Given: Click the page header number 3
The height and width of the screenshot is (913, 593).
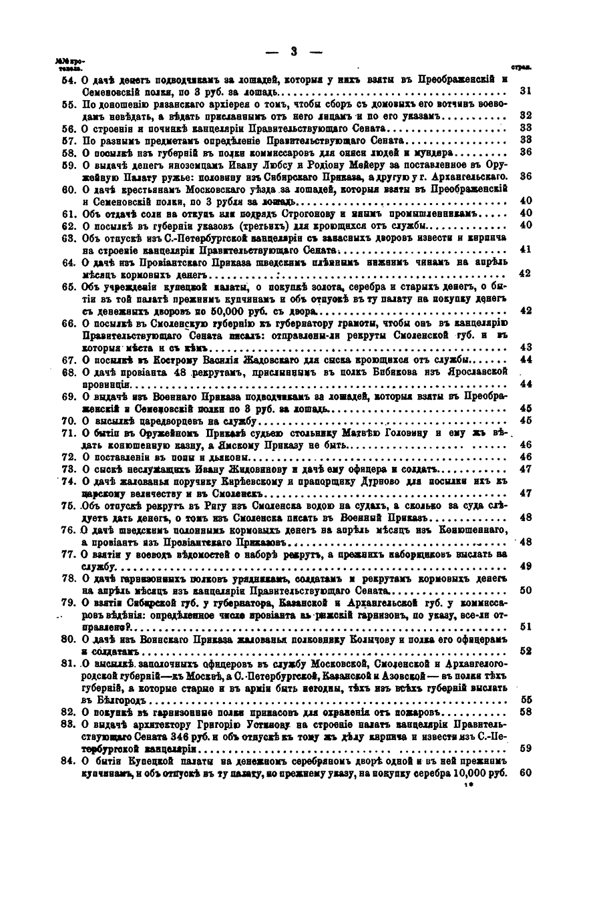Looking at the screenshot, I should click(293, 51).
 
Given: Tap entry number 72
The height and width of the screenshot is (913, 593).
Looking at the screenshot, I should click(69, 457).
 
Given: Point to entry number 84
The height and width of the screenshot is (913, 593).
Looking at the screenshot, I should click(69, 760).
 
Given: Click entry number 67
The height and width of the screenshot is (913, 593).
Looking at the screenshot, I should click(69, 359).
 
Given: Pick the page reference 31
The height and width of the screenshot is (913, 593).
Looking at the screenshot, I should click(525, 91).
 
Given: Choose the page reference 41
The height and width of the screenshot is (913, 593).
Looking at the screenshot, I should click(525, 249).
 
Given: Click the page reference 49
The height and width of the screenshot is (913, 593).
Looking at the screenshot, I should click(525, 566).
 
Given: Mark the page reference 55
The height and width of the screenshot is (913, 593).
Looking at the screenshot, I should click(525, 700).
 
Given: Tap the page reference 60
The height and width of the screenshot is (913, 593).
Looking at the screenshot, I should click(525, 773).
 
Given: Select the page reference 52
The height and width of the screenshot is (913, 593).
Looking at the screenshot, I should click(525, 651).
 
